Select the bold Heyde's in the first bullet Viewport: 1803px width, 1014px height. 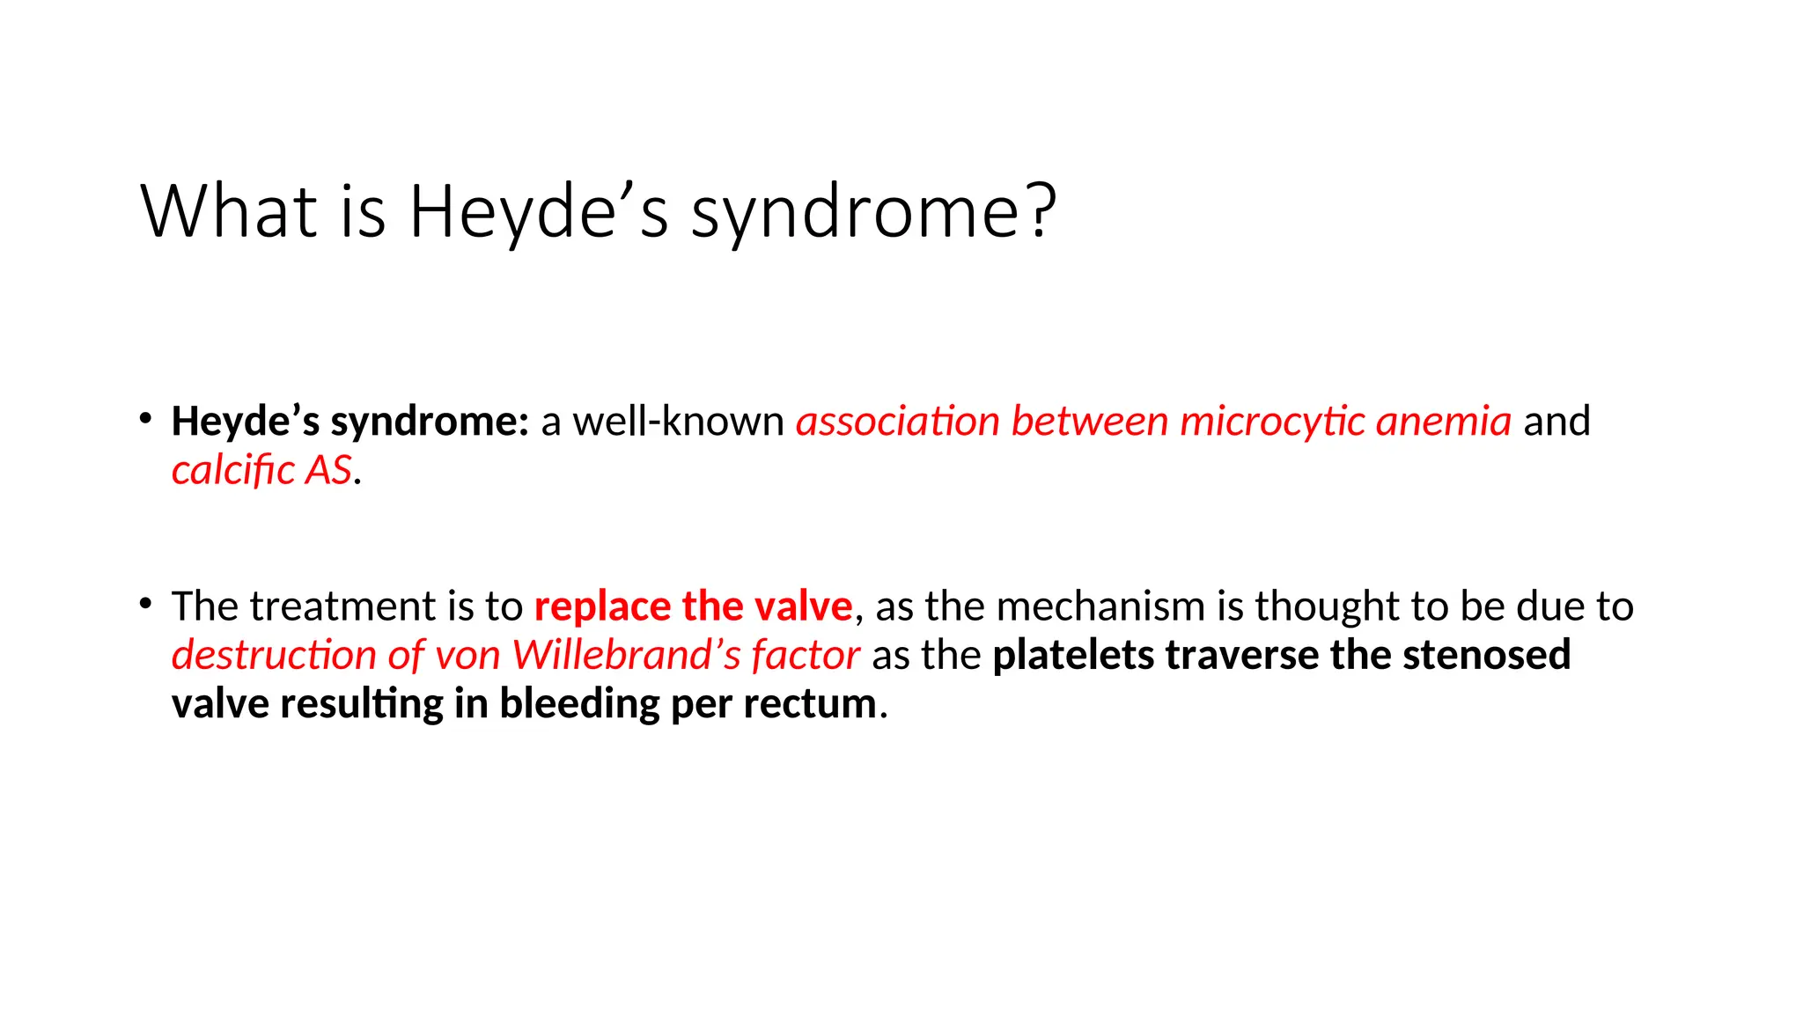[245, 422]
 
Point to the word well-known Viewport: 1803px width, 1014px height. [678, 422]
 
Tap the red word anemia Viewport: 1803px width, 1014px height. [1444, 422]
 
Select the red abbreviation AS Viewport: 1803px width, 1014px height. [328, 470]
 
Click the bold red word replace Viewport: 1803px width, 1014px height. [602, 606]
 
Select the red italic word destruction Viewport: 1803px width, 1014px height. [274, 655]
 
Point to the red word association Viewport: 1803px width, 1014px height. [898, 422]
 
